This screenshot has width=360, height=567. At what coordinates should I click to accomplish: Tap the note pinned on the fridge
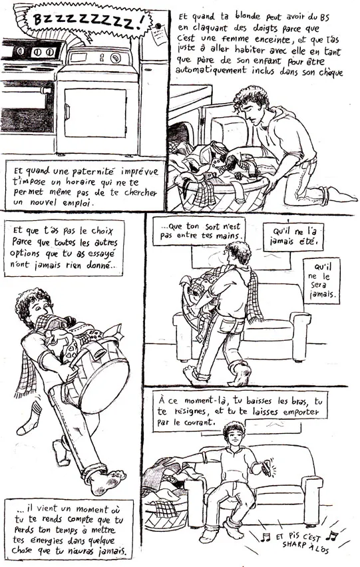[x=159, y=35]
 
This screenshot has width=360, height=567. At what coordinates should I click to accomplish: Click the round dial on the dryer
[x=116, y=58]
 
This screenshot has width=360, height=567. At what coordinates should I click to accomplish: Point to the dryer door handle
[x=67, y=111]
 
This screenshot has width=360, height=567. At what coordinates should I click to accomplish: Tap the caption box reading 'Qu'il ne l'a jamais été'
[x=293, y=236]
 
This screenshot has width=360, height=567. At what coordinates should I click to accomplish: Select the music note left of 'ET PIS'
[x=266, y=536]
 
